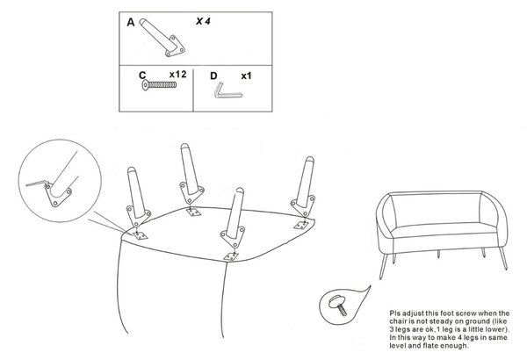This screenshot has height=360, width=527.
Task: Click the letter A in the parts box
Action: [x=130, y=23]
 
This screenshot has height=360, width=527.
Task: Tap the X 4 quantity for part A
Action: [x=203, y=21]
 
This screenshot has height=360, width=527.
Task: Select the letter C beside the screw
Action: [x=142, y=76]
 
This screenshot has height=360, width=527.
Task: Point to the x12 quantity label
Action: [x=177, y=75]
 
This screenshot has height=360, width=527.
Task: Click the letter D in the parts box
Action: [x=213, y=76]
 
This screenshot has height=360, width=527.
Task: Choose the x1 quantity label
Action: [x=246, y=76]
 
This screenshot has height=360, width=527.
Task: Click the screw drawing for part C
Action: [x=159, y=84]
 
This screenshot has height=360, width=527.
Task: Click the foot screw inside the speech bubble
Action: [x=338, y=304]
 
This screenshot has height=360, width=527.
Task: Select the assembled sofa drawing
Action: [x=442, y=234]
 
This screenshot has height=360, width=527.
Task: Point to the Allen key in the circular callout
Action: [x=37, y=184]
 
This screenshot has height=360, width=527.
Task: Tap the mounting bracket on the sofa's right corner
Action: [x=300, y=225]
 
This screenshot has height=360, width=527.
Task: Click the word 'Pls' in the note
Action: [x=395, y=313]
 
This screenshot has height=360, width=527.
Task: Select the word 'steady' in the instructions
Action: [x=436, y=321]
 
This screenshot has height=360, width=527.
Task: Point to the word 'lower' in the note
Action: [x=495, y=329]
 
